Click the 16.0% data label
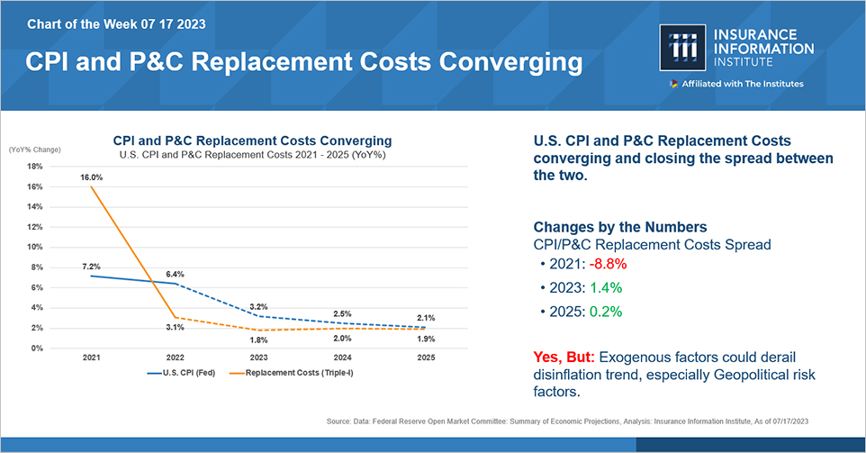click(91, 177)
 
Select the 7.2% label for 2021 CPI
click(91, 267)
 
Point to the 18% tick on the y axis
click(35, 166)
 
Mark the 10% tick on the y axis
click(35, 247)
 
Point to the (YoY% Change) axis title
click(34, 149)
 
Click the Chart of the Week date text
click(116, 23)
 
